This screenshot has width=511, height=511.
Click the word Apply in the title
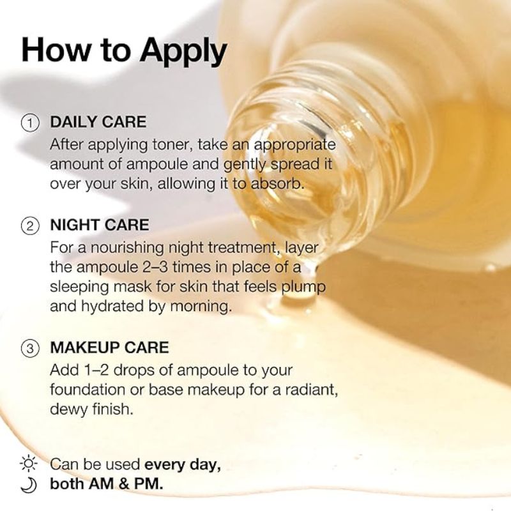(183, 51)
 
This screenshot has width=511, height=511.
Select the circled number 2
(30, 226)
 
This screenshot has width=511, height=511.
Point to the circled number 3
(30, 348)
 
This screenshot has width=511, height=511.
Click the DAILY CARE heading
(98, 122)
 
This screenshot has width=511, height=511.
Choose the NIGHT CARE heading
(100, 225)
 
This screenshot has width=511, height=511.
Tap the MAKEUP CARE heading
(109, 347)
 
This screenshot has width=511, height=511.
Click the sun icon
(29, 463)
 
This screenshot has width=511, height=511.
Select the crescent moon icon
(29, 485)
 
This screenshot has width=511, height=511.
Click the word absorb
(277, 184)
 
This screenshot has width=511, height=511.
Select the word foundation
(88, 390)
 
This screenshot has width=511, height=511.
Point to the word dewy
(69, 409)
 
